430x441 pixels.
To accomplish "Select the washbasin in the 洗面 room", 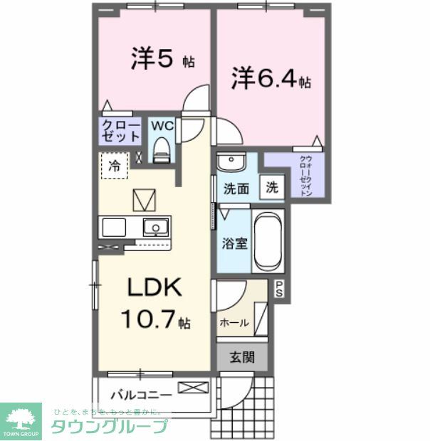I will tap(231, 163).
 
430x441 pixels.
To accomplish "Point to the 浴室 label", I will tap(234, 243).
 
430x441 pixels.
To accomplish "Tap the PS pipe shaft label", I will tap(279, 289).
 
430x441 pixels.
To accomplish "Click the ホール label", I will tap(234, 323).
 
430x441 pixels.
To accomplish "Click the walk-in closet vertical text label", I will tap(305, 176).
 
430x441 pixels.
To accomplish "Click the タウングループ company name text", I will tap(109, 427).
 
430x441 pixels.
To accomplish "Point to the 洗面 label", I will tap(236, 189).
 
